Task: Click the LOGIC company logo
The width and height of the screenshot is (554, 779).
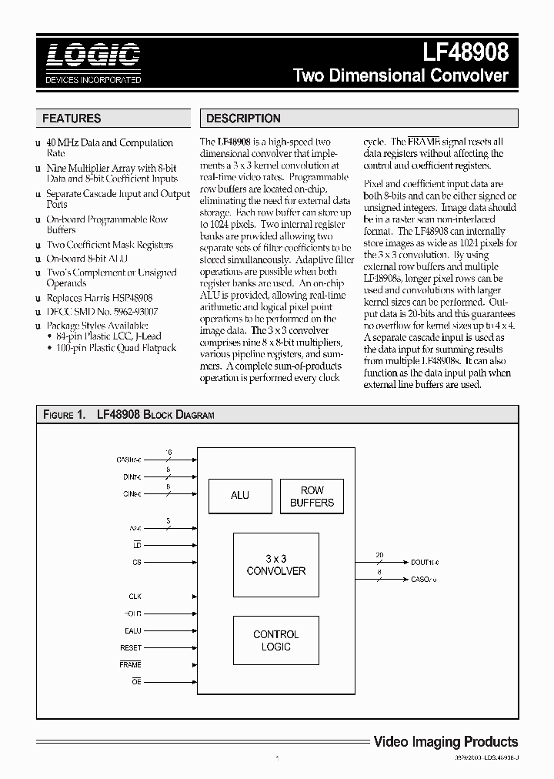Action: click(92, 55)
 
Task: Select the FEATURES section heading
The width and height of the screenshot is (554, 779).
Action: click(72, 119)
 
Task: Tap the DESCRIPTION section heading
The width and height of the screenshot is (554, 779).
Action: click(243, 119)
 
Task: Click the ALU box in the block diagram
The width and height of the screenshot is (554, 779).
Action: click(240, 496)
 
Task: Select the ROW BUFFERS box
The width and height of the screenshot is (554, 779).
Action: click(312, 496)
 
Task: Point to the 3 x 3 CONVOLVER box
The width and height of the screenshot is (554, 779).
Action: click(275, 565)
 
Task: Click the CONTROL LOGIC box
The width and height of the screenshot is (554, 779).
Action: click(275, 640)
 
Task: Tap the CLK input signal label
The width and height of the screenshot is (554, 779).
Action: click(135, 597)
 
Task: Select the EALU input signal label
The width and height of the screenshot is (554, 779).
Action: click(133, 630)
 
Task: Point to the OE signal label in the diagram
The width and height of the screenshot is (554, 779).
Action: click(136, 682)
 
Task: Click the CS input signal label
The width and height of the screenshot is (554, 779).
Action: click(136, 563)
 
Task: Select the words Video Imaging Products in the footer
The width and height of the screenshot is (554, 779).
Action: click(446, 741)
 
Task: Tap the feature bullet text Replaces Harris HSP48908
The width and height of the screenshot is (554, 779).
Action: click(99, 297)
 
